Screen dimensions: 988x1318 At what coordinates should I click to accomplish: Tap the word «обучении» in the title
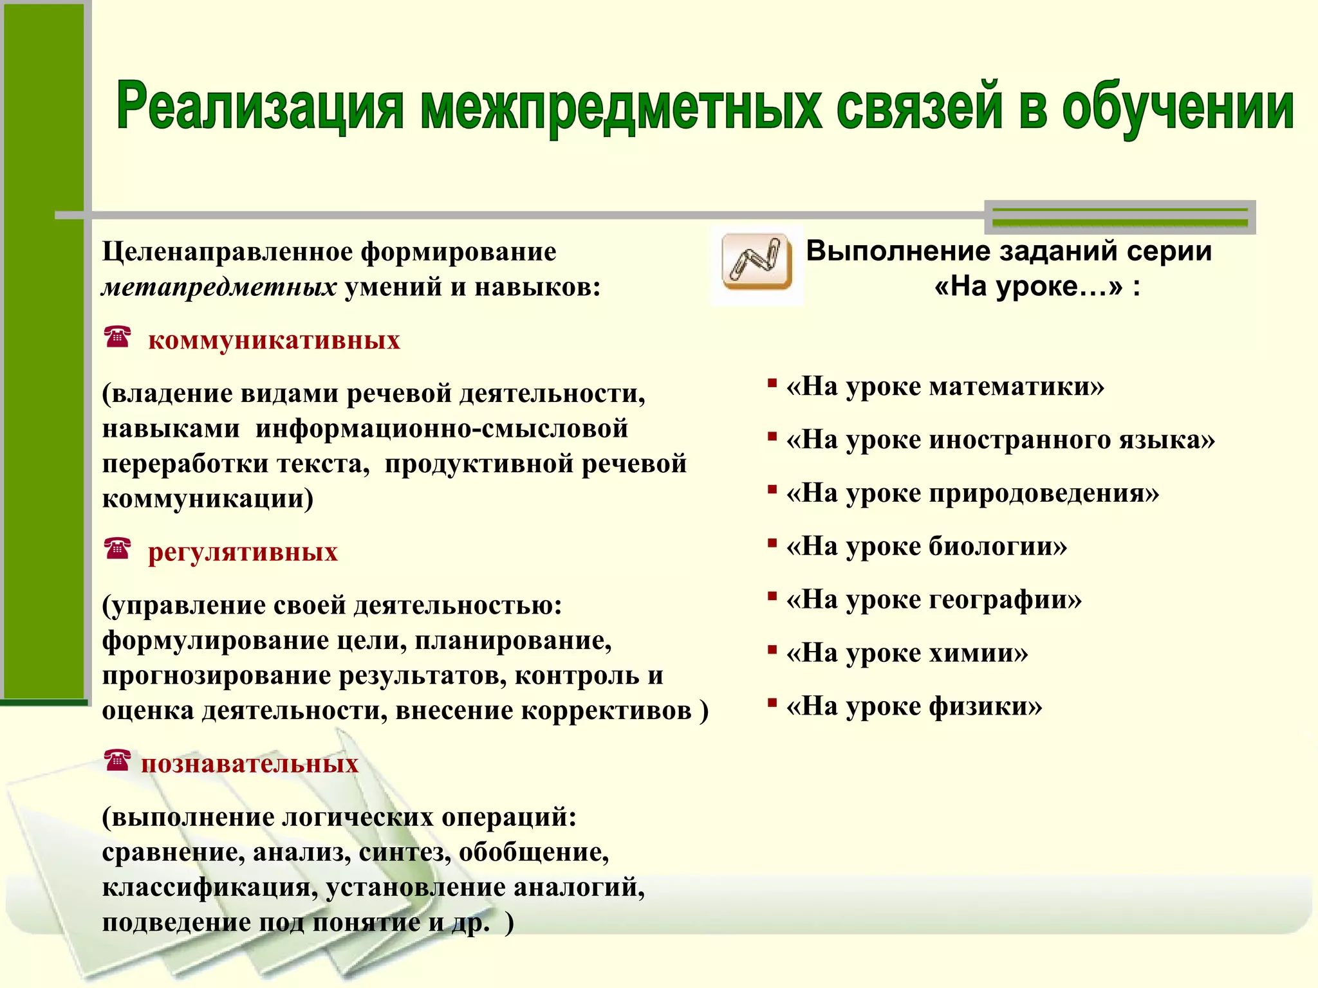[x=1177, y=106]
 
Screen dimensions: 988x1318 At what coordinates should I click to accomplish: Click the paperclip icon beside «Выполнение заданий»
[x=757, y=262]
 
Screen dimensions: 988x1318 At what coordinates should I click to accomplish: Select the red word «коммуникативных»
[x=274, y=340]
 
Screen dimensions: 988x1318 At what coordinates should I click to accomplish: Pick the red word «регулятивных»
[x=243, y=552]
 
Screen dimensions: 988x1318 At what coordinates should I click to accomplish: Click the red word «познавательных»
[x=250, y=764]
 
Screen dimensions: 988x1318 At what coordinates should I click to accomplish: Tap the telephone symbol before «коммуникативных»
[x=117, y=336]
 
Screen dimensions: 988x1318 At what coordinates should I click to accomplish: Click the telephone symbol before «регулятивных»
[x=117, y=549]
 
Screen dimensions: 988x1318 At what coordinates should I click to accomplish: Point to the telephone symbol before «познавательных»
[x=117, y=760]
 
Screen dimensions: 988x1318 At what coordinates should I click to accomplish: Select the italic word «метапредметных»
[x=219, y=287]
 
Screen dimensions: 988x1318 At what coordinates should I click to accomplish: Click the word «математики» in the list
[x=1017, y=387]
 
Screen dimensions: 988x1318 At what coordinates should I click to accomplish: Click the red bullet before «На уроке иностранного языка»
[x=772, y=437]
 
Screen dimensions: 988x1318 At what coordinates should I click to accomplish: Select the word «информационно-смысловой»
[x=441, y=428]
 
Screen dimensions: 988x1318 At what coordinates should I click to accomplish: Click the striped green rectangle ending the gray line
[x=1120, y=217]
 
